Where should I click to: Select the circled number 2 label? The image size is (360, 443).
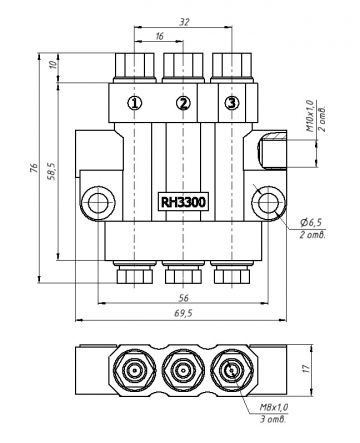(x=183, y=103)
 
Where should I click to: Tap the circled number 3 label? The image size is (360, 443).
(x=231, y=103)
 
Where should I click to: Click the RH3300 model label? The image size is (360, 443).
(x=183, y=202)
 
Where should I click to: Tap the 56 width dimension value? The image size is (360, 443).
(x=183, y=297)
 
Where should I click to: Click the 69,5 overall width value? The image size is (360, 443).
(x=183, y=313)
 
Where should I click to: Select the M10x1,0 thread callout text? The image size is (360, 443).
(x=310, y=115)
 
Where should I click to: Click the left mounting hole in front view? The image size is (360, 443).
(x=97, y=204)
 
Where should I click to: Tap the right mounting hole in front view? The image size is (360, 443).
(x=270, y=204)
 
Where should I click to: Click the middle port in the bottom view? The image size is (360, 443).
(x=183, y=371)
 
